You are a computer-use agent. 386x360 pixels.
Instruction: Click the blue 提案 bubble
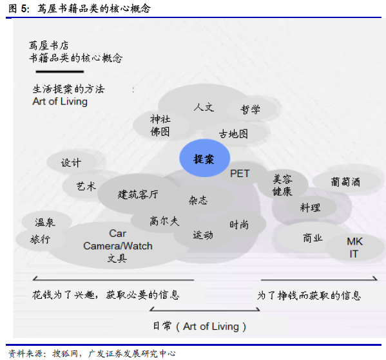click(204, 158)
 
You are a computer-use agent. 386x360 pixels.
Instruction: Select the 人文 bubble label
click(204, 108)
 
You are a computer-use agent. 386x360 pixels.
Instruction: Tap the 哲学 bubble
click(251, 109)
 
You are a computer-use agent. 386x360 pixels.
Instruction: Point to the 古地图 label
click(233, 134)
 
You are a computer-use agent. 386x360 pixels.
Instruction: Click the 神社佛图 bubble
click(160, 125)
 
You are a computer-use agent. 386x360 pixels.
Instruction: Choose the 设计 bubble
click(72, 162)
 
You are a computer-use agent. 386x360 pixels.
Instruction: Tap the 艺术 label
click(86, 186)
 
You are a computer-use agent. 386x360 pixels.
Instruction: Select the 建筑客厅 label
click(138, 194)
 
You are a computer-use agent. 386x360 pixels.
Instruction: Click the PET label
click(240, 173)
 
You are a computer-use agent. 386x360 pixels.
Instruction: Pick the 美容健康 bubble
click(283, 185)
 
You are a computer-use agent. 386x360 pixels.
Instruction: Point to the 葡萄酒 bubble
click(346, 182)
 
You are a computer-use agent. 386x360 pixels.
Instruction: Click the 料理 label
click(310, 207)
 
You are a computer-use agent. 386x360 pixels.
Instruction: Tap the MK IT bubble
click(354, 247)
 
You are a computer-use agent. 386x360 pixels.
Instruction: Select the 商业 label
click(313, 238)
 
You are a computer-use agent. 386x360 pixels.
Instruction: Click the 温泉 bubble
click(46, 222)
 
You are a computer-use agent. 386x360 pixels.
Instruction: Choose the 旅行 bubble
click(41, 239)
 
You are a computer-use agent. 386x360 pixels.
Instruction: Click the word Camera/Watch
click(118, 246)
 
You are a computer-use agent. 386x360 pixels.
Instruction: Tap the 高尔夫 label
click(164, 221)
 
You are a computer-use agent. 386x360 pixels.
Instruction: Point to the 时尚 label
click(239, 225)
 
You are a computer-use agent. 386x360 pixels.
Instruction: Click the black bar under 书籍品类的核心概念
click(60, 71)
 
